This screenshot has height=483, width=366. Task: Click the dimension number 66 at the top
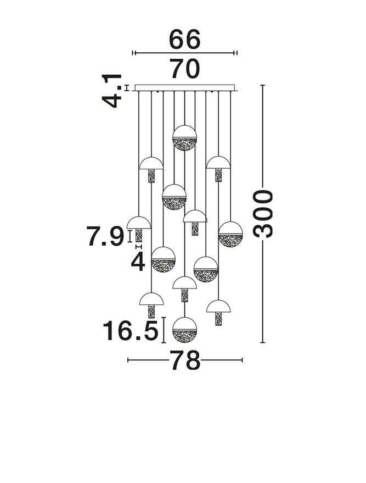pos(185,40)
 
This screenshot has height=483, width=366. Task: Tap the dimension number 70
pos(185,70)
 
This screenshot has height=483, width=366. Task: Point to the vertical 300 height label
pos(263,213)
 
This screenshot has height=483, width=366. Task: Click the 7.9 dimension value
pos(105,237)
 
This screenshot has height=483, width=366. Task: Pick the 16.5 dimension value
pos(131,331)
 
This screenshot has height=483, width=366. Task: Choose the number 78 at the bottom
pos(185,361)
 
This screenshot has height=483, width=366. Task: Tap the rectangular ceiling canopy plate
pos(185,87)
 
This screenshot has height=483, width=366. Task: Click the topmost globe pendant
pos(184,138)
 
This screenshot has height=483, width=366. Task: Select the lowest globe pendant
pos(184,330)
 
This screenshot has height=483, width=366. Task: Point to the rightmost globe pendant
pos(230,234)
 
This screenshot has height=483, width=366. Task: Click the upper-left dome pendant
pos(151,164)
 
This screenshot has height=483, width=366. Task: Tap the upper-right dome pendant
pos(218,163)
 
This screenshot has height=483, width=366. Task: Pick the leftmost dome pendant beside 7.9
pos(138,224)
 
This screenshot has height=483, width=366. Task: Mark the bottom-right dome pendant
pos(218,307)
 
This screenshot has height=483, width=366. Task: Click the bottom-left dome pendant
pos(151,300)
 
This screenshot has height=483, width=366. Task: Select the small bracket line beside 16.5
pos(164,331)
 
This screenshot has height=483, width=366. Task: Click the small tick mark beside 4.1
pos(127,87)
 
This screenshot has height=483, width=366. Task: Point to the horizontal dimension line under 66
pos(185,53)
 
